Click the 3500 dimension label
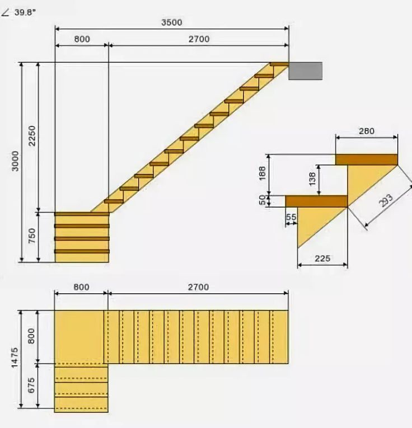click(x=171, y=22)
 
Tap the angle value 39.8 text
click(x=25, y=12)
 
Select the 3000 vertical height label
click(x=15, y=161)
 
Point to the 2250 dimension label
click(x=32, y=135)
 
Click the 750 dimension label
click(x=32, y=236)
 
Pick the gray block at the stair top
click(x=306, y=71)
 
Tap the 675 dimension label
click(x=31, y=385)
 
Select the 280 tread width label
click(x=367, y=131)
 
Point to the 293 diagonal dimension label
click(x=386, y=200)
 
